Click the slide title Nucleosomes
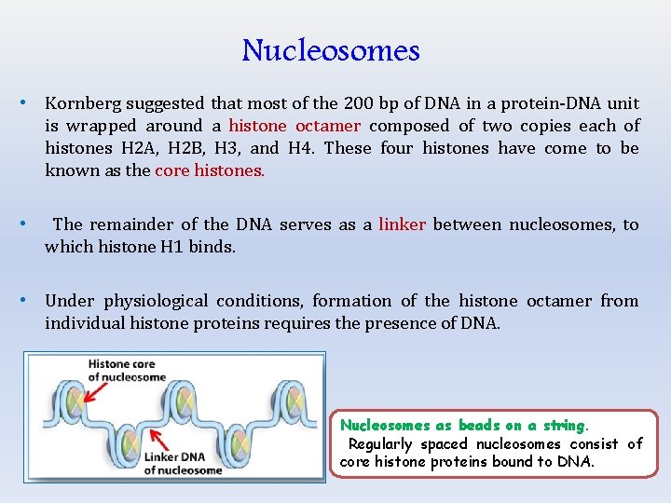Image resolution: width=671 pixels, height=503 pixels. tap(331, 49)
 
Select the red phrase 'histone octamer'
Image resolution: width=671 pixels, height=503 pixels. tap(294, 126)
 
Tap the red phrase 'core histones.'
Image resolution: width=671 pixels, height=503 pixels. tap(210, 170)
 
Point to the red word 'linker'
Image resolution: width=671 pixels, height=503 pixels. tap(403, 224)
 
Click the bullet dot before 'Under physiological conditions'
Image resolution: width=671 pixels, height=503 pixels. tap(27, 300)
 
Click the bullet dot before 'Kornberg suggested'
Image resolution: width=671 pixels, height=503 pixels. tap(27, 102)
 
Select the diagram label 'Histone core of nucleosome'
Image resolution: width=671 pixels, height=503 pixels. tap(126, 370)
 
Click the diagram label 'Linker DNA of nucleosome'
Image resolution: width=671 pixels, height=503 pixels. tap(183, 463)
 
